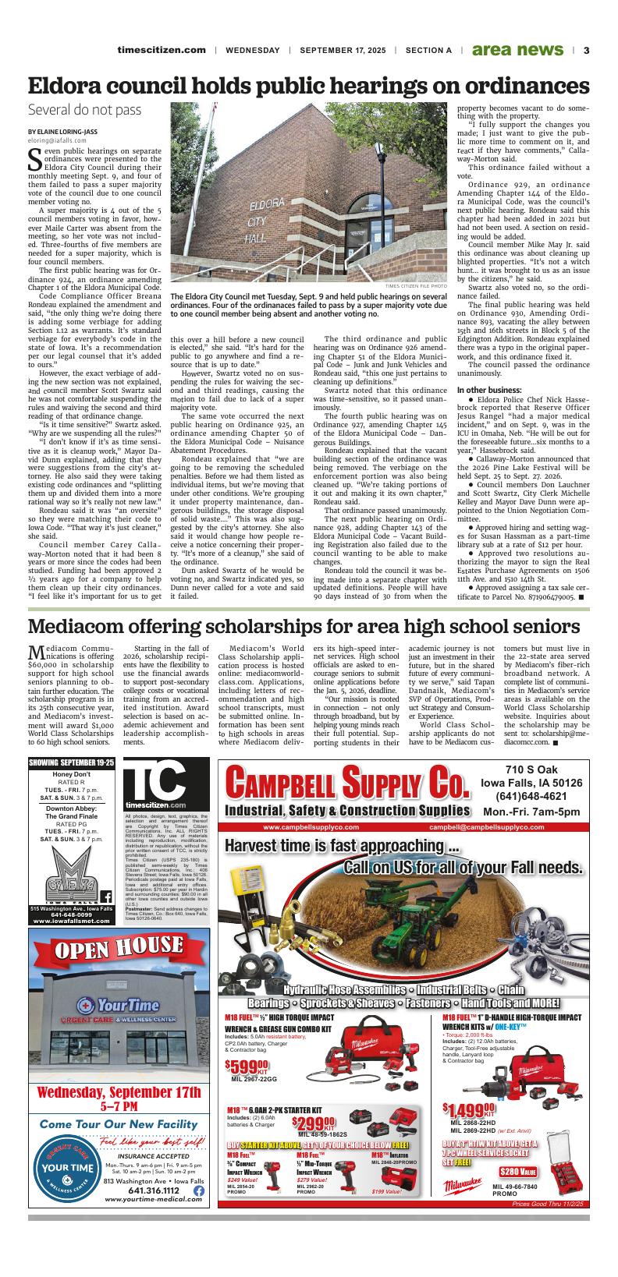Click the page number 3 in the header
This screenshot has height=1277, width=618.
585,50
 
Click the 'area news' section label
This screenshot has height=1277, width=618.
517,50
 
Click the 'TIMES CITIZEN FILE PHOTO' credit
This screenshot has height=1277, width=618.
416,287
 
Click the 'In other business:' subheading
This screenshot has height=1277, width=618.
489,389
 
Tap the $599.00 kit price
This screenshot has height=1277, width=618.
246,1065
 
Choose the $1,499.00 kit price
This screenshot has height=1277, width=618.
467,1109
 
